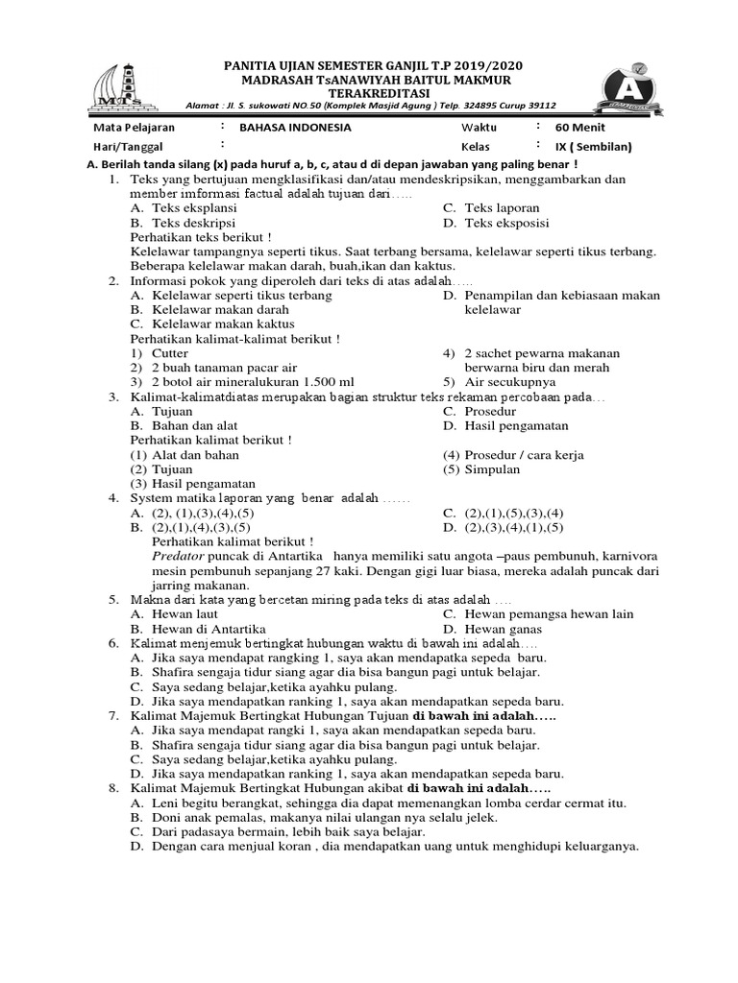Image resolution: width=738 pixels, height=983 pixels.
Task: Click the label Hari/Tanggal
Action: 128,147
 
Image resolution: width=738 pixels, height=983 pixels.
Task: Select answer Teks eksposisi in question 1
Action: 506,223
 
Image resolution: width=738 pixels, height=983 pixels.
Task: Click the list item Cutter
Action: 170,353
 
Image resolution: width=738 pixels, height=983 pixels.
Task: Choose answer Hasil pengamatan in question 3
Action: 516,425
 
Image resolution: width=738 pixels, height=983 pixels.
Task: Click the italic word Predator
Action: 180,556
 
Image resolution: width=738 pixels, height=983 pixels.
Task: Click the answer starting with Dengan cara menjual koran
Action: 395,846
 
